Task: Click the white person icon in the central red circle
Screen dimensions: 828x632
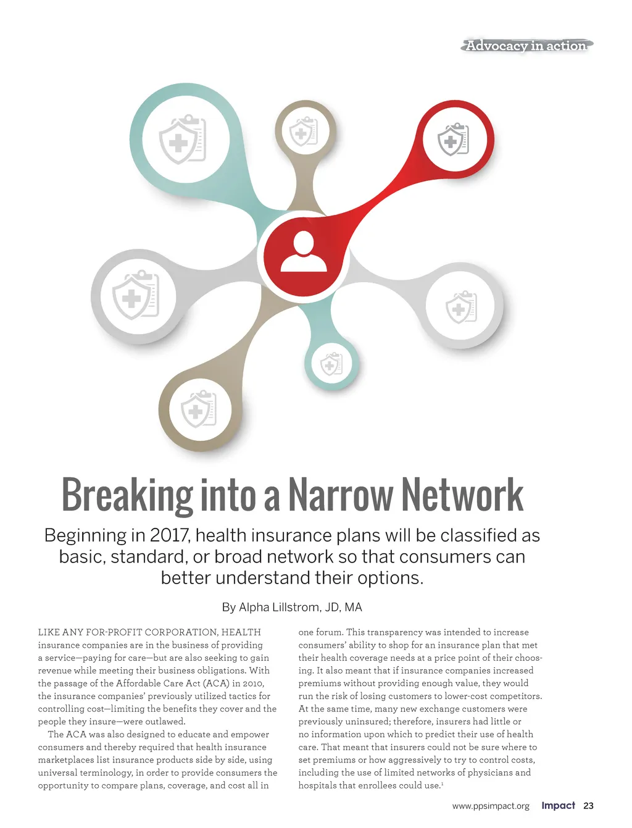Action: tap(303, 252)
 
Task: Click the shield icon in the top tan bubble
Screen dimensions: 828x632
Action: tap(304, 131)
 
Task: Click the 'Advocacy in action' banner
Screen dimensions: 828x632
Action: tap(526, 46)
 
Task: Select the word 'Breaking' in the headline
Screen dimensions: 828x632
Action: tap(127, 496)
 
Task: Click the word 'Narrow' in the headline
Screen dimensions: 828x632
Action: tap(341, 496)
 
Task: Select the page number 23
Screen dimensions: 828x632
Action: tap(588, 806)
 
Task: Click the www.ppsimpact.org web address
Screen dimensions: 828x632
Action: tap(491, 806)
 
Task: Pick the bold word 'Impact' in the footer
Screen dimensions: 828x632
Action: tap(558, 806)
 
